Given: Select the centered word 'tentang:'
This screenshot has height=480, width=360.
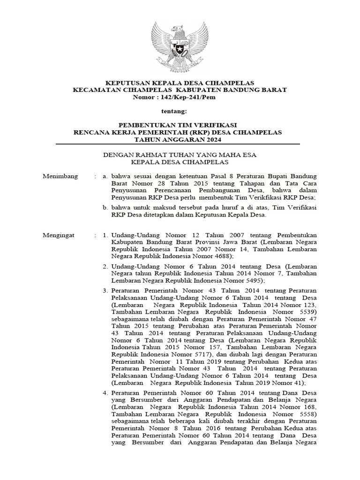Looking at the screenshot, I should point(174,112).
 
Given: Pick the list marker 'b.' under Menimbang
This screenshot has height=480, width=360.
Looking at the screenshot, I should point(106,207).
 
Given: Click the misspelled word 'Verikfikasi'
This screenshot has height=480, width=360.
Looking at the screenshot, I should point(264,198).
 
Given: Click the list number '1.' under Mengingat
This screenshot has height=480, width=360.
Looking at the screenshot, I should point(106,234).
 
